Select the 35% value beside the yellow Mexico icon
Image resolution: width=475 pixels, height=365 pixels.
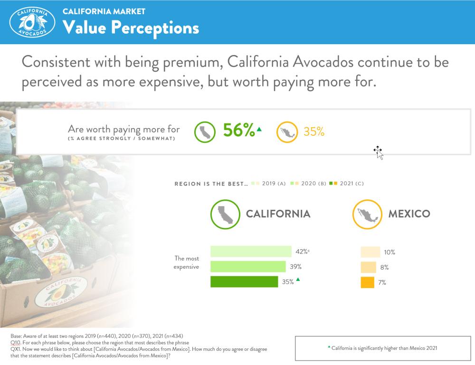[x=313, y=132]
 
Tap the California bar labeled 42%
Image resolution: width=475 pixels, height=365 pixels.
[x=251, y=252]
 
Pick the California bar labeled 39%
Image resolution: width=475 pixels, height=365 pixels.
[x=248, y=267]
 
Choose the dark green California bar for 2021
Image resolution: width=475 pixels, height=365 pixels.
[x=244, y=282]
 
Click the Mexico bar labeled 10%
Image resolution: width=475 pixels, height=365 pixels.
[x=370, y=252]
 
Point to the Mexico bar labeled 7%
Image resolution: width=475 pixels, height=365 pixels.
[x=368, y=282]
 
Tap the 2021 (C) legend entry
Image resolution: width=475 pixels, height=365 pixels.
[x=348, y=184]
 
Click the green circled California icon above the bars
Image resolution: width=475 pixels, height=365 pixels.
[x=225, y=214]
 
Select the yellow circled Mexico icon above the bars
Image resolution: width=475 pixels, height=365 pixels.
[x=367, y=214]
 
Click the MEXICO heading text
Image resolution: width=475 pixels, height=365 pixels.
[x=409, y=214]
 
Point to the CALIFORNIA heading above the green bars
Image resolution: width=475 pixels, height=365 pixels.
[x=278, y=214]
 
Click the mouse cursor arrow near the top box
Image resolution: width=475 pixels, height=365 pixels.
[x=378, y=152]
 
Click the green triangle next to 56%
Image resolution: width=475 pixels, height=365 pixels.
[x=258, y=129]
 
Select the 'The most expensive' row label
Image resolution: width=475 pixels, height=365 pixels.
[x=187, y=262]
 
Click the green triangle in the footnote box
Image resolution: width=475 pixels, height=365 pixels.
[x=329, y=347]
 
